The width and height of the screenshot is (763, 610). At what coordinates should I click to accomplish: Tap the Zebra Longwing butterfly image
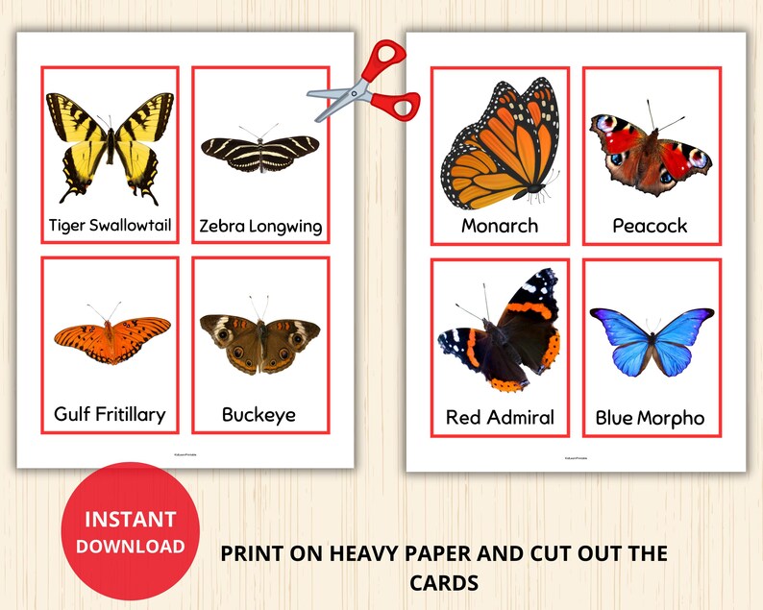tap(259, 152)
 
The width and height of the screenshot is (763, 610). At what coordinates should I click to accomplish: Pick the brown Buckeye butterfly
tap(259, 341)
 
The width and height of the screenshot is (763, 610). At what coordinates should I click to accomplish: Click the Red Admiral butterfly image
tap(501, 332)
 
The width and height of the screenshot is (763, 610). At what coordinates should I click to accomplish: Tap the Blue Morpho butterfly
tap(651, 341)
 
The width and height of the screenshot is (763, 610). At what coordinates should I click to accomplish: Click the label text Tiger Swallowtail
tap(111, 226)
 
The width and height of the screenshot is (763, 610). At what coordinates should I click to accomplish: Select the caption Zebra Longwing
tap(260, 227)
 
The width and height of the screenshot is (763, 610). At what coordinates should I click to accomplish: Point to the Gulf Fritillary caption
tap(110, 414)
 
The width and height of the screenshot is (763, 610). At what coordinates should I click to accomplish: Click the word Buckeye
tap(258, 415)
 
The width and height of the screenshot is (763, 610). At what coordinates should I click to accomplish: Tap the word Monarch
tap(500, 226)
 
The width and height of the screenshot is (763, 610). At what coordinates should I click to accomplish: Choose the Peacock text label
tap(650, 226)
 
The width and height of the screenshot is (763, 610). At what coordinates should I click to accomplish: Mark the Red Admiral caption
tap(500, 417)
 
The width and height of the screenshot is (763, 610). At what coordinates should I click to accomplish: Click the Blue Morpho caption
tap(650, 418)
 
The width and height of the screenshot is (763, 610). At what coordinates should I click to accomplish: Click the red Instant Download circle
tap(130, 531)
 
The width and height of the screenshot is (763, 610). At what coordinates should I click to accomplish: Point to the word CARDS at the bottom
tap(443, 583)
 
